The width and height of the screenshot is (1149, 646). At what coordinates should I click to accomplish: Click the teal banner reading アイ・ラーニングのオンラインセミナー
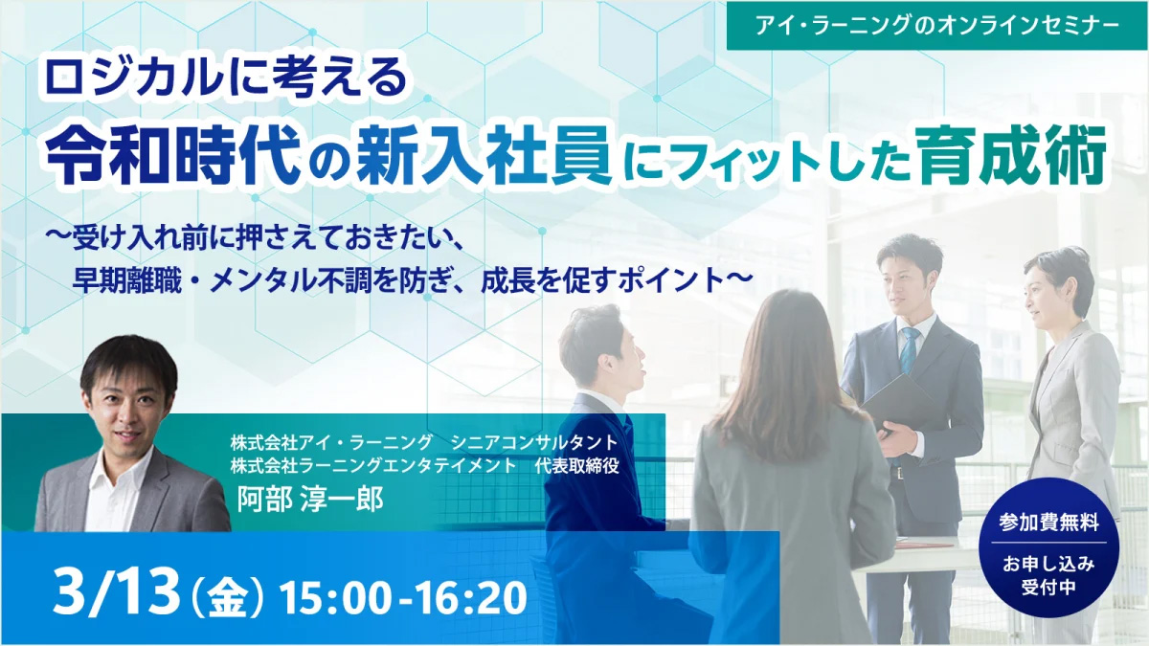936,26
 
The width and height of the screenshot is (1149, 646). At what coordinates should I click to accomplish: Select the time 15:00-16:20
403,598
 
